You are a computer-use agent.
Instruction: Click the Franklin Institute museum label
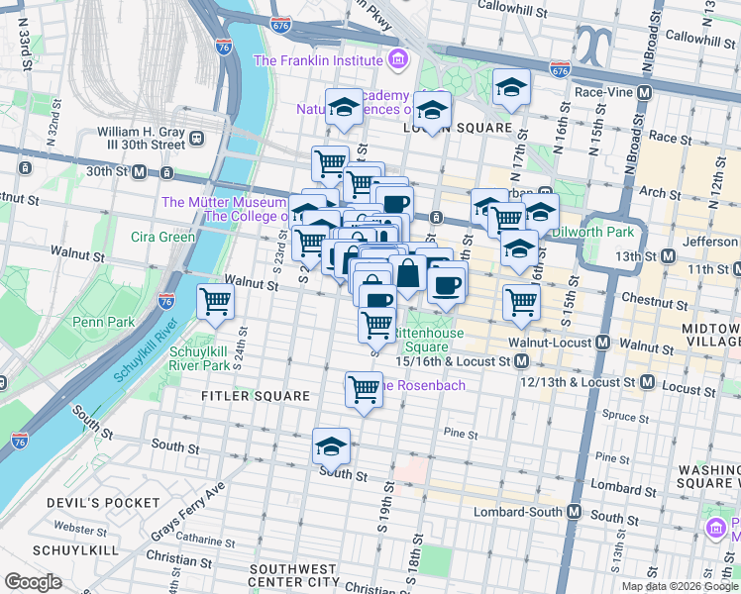click(320, 60)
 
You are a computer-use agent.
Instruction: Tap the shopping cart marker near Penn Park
click(215, 303)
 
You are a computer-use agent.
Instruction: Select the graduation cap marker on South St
click(331, 446)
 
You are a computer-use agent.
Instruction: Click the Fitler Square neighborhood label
click(256, 396)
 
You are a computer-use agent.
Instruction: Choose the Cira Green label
click(162, 237)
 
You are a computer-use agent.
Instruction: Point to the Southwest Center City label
click(293, 575)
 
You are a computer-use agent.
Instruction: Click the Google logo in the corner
click(33, 582)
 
